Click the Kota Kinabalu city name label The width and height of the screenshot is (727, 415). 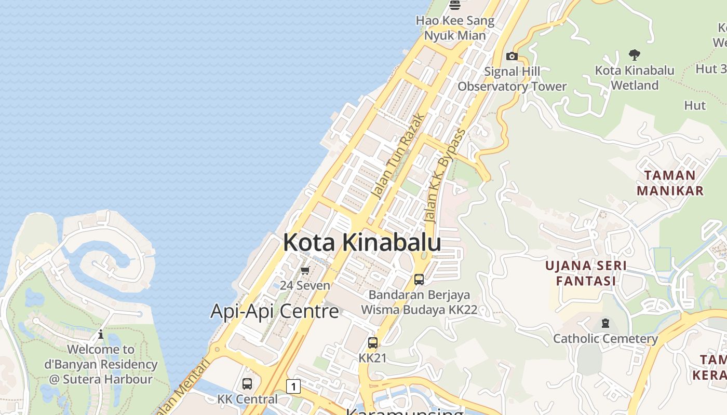click(x=362, y=243)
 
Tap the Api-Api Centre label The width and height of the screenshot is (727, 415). click(x=274, y=311)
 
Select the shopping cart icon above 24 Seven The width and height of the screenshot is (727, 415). click(x=305, y=270)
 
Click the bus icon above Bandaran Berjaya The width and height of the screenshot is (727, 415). click(x=419, y=279)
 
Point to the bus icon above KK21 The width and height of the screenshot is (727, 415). click(x=373, y=342)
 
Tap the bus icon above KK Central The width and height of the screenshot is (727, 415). click(x=247, y=384)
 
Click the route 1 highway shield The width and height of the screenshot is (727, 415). click(x=293, y=386)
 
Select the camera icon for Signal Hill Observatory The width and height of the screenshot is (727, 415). click(x=511, y=56)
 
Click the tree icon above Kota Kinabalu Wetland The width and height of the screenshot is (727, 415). click(x=634, y=54)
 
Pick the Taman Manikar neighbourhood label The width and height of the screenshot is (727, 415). click(x=670, y=183)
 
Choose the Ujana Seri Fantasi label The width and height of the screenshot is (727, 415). click(x=586, y=273)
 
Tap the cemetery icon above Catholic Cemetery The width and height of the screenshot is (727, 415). click(x=605, y=324)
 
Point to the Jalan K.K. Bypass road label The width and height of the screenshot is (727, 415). click(x=445, y=176)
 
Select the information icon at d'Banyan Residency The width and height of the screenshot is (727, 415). click(x=101, y=335)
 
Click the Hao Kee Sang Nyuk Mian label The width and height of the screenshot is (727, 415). click(x=455, y=28)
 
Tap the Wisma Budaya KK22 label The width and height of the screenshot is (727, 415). click(x=419, y=310)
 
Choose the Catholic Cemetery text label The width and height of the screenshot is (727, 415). click(x=605, y=339)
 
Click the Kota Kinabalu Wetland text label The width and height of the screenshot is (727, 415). click(x=635, y=78)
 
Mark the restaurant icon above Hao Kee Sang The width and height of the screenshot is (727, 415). click(x=455, y=5)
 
